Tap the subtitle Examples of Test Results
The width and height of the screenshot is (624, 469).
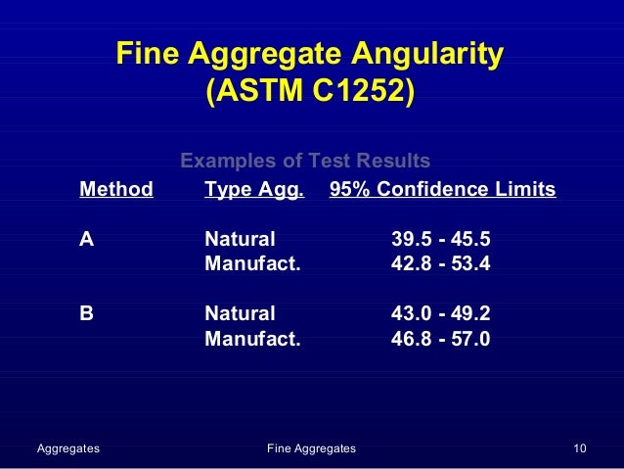(x=306, y=161)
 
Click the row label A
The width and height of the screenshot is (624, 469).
(x=87, y=238)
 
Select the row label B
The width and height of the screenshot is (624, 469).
(x=87, y=314)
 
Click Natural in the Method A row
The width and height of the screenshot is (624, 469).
(x=240, y=238)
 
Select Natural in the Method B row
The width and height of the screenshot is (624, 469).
(x=240, y=314)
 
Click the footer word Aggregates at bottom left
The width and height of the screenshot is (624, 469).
(x=67, y=448)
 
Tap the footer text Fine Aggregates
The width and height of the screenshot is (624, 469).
(x=311, y=448)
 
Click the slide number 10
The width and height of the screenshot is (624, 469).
(x=580, y=448)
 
